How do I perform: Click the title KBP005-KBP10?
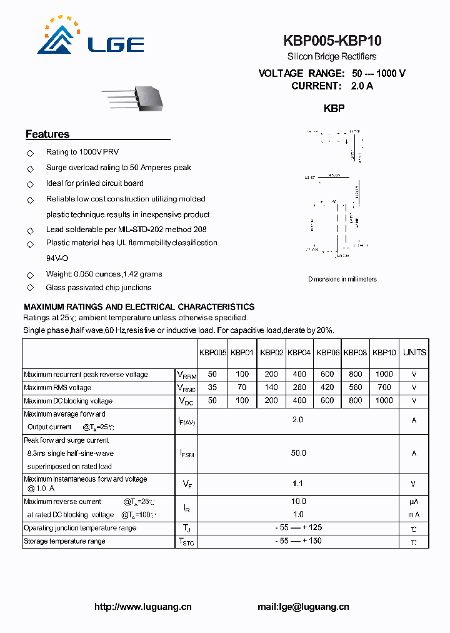pyautogui.click(x=332, y=41)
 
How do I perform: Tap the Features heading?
pyautogui.click(x=47, y=134)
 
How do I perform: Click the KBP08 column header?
pyautogui.click(x=355, y=353)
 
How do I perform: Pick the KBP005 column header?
pyautogui.click(x=212, y=353)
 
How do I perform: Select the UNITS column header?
pyautogui.click(x=414, y=353)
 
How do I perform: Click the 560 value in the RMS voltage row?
pyautogui.click(x=355, y=388)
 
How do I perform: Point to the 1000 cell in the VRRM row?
pyautogui.click(x=384, y=375)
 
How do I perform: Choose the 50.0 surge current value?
pyautogui.click(x=299, y=453)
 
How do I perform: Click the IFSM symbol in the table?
pyautogui.click(x=187, y=453)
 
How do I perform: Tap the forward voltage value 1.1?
pyautogui.click(x=299, y=484)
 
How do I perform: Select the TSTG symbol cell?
pyautogui.click(x=187, y=542)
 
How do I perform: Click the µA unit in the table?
pyautogui.click(x=414, y=502)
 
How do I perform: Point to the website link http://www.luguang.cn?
pyautogui.click(x=142, y=607)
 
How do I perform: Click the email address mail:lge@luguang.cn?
pyautogui.click(x=303, y=607)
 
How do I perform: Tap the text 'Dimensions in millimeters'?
pyautogui.click(x=342, y=279)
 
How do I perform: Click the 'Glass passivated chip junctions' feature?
pyautogui.click(x=99, y=288)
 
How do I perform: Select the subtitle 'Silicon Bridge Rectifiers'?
pyautogui.click(x=332, y=57)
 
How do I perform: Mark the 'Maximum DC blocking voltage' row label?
pyautogui.click(x=68, y=401)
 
